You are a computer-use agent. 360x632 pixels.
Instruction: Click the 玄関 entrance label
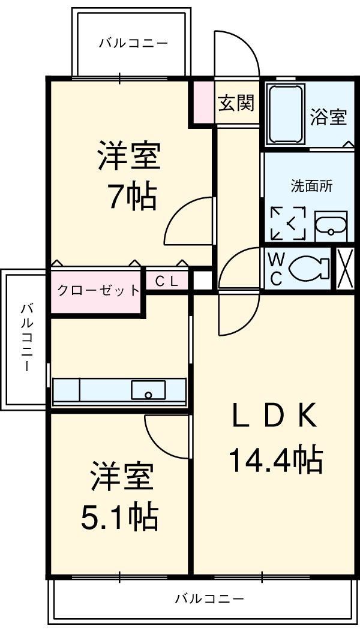[236, 103]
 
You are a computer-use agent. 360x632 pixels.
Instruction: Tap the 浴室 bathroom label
[328, 116]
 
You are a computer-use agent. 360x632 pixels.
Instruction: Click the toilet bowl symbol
[308, 268]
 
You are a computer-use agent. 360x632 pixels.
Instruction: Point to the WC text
[276, 268]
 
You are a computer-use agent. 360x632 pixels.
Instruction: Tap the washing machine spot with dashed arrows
[288, 224]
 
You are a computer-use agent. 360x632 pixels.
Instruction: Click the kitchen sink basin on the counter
[148, 390]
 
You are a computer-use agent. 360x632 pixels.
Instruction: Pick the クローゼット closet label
[98, 291]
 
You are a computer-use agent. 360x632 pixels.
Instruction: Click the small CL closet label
[167, 281]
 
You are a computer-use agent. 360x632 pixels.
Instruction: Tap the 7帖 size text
[132, 197]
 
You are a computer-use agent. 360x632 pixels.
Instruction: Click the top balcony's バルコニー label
[133, 43]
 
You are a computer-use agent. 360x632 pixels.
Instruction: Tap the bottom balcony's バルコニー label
[209, 598]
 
